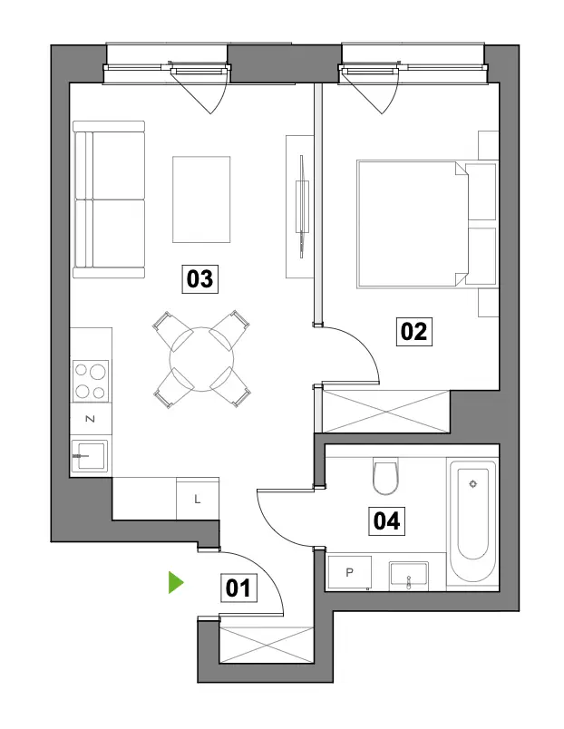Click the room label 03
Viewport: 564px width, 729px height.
pyautogui.click(x=199, y=279)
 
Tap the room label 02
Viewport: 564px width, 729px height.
pyautogui.click(x=413, y=332)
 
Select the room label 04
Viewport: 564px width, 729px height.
pyautogui.click(x=386, y=520)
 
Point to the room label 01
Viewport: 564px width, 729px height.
pyautogui.click(x=238, y=588)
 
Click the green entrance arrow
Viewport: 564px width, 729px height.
pyautogui.click(x=175, y=583)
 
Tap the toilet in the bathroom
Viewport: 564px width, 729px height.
pyautogui.click(x=385, y=476)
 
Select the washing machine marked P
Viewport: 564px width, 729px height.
pyautogui.click(x=350, y=572)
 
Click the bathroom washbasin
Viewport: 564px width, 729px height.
pyautogui.click(x=409, y=576)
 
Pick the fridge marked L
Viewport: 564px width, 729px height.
pyautogui.click(x=198, y=500)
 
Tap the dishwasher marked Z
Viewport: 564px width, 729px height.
pyautogui.click(x=91, y=419)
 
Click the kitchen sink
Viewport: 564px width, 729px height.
pyautogui.click(x=90, y=455)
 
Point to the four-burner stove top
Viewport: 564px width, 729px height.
pyautogui.click(x=91, y=381)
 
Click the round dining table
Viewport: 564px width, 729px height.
pyautogui.click(x=202, y=359)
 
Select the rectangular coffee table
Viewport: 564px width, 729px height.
pyautogui.click(x=201, y=199)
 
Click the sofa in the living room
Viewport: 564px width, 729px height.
pyautogui.click(x=109, y=199)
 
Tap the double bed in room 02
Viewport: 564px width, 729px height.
pyautogui.click(x=427, y=224)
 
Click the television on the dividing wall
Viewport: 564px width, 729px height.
pyautogui.click(x=302, y=207)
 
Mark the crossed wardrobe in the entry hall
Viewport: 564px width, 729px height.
pyautogui.click(x=266, y=645)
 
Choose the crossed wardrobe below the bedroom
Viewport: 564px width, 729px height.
pyautogui.click(x=386, y=411)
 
